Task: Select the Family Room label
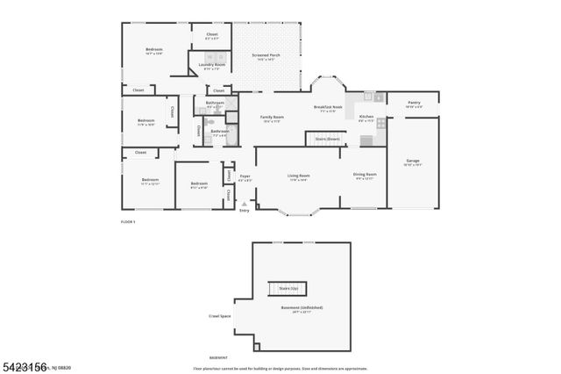click(x=272, y=117)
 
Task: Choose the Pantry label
click(x=413, y=103)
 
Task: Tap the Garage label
click(x=412, y=162)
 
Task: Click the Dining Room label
click(x=364, y=175)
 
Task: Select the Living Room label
click(x=299, y=176)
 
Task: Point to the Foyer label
click(x=245, y=176)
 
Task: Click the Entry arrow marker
click(x=244, y=205)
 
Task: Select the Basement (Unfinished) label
click(x=301, y=307)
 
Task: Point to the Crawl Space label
click(x=219, y=316)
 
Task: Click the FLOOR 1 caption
click(x=128, y=222)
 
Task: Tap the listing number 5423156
click(x=24, y=363)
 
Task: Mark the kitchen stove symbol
click(x=380, y=123)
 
